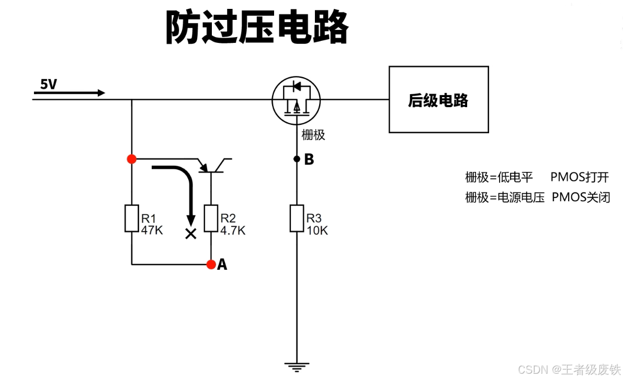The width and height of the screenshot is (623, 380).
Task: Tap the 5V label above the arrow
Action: pos(49,84)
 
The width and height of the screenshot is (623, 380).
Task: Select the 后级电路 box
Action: pos(438,99)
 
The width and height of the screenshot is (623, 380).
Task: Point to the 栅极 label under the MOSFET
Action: pos(313,135)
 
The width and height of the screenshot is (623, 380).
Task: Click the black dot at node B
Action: pos(297,158)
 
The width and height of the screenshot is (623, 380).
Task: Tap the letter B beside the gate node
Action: pos(309,159)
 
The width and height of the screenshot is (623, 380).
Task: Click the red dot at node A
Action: pos(211,264)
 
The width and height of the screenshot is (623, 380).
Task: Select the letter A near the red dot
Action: pos(222,265)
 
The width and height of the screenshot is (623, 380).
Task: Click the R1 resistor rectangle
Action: pos(131,218)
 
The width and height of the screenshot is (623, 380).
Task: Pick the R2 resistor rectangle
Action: pos(211,218)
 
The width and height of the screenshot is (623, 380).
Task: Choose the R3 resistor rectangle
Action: pos(297,218)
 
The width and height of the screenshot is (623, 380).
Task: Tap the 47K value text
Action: pos(152,229)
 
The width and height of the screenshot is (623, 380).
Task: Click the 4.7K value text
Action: pos(233,230)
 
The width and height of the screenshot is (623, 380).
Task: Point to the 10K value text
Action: pos(317,230)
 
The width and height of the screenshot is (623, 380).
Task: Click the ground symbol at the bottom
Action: pos(297,365)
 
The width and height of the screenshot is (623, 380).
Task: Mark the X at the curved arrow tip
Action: pos(191,234)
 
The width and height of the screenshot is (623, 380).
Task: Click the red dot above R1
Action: pos(131,158)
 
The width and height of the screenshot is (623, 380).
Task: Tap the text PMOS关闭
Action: pos(581,198)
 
